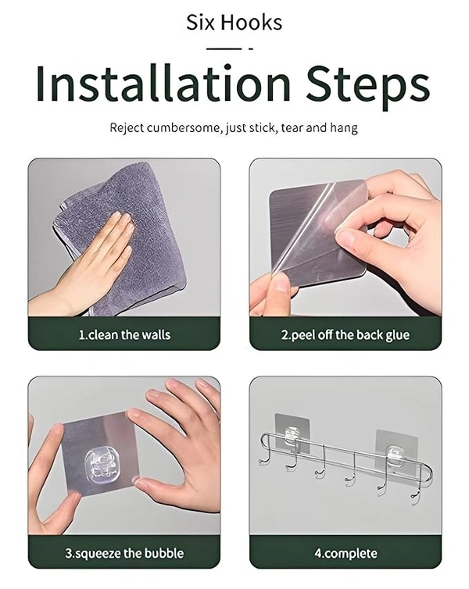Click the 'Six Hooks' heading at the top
[234, 23]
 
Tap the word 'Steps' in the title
[368, 87]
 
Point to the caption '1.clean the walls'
[124, 334]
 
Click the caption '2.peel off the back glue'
[345, 334]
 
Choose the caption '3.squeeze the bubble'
[124, 553]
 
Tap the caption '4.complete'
[345, 553]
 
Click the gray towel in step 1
[124, 241]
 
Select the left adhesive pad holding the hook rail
[292, 433]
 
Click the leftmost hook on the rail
[263, 456]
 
